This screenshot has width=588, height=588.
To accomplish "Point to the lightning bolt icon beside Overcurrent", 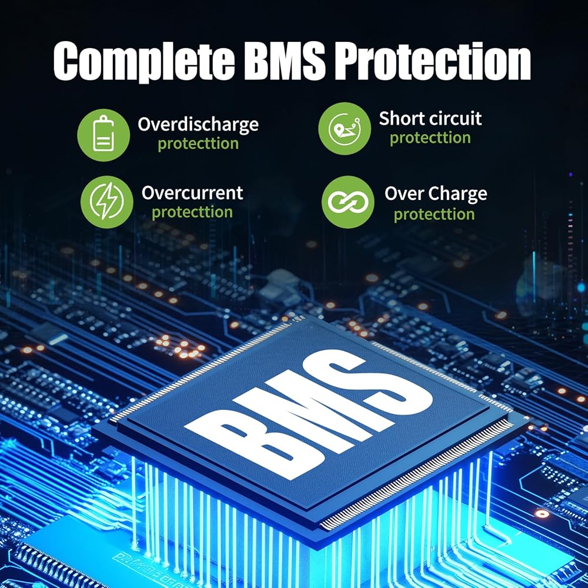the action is click(x=106, y=202).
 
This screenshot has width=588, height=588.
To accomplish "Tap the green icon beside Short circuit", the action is click(x=345, y=129).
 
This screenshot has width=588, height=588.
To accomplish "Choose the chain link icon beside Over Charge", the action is click(x=348, y=202).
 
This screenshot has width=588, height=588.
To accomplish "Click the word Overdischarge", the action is click(x=198, y=125).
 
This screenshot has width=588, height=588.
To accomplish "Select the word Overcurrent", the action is click(x=192, y=193).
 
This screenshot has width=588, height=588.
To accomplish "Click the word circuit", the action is click(x=455, y=118).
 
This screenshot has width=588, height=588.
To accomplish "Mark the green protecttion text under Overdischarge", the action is click(x=198, y=144).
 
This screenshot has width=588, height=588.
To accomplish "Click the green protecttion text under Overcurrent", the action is click(x=192, y=212).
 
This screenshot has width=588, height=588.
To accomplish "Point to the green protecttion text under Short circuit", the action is click(x=430, y=138).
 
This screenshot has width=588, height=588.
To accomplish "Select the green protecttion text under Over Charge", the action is click(x=434, y=214).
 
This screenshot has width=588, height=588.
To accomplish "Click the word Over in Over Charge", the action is click(x=403, y=193).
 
